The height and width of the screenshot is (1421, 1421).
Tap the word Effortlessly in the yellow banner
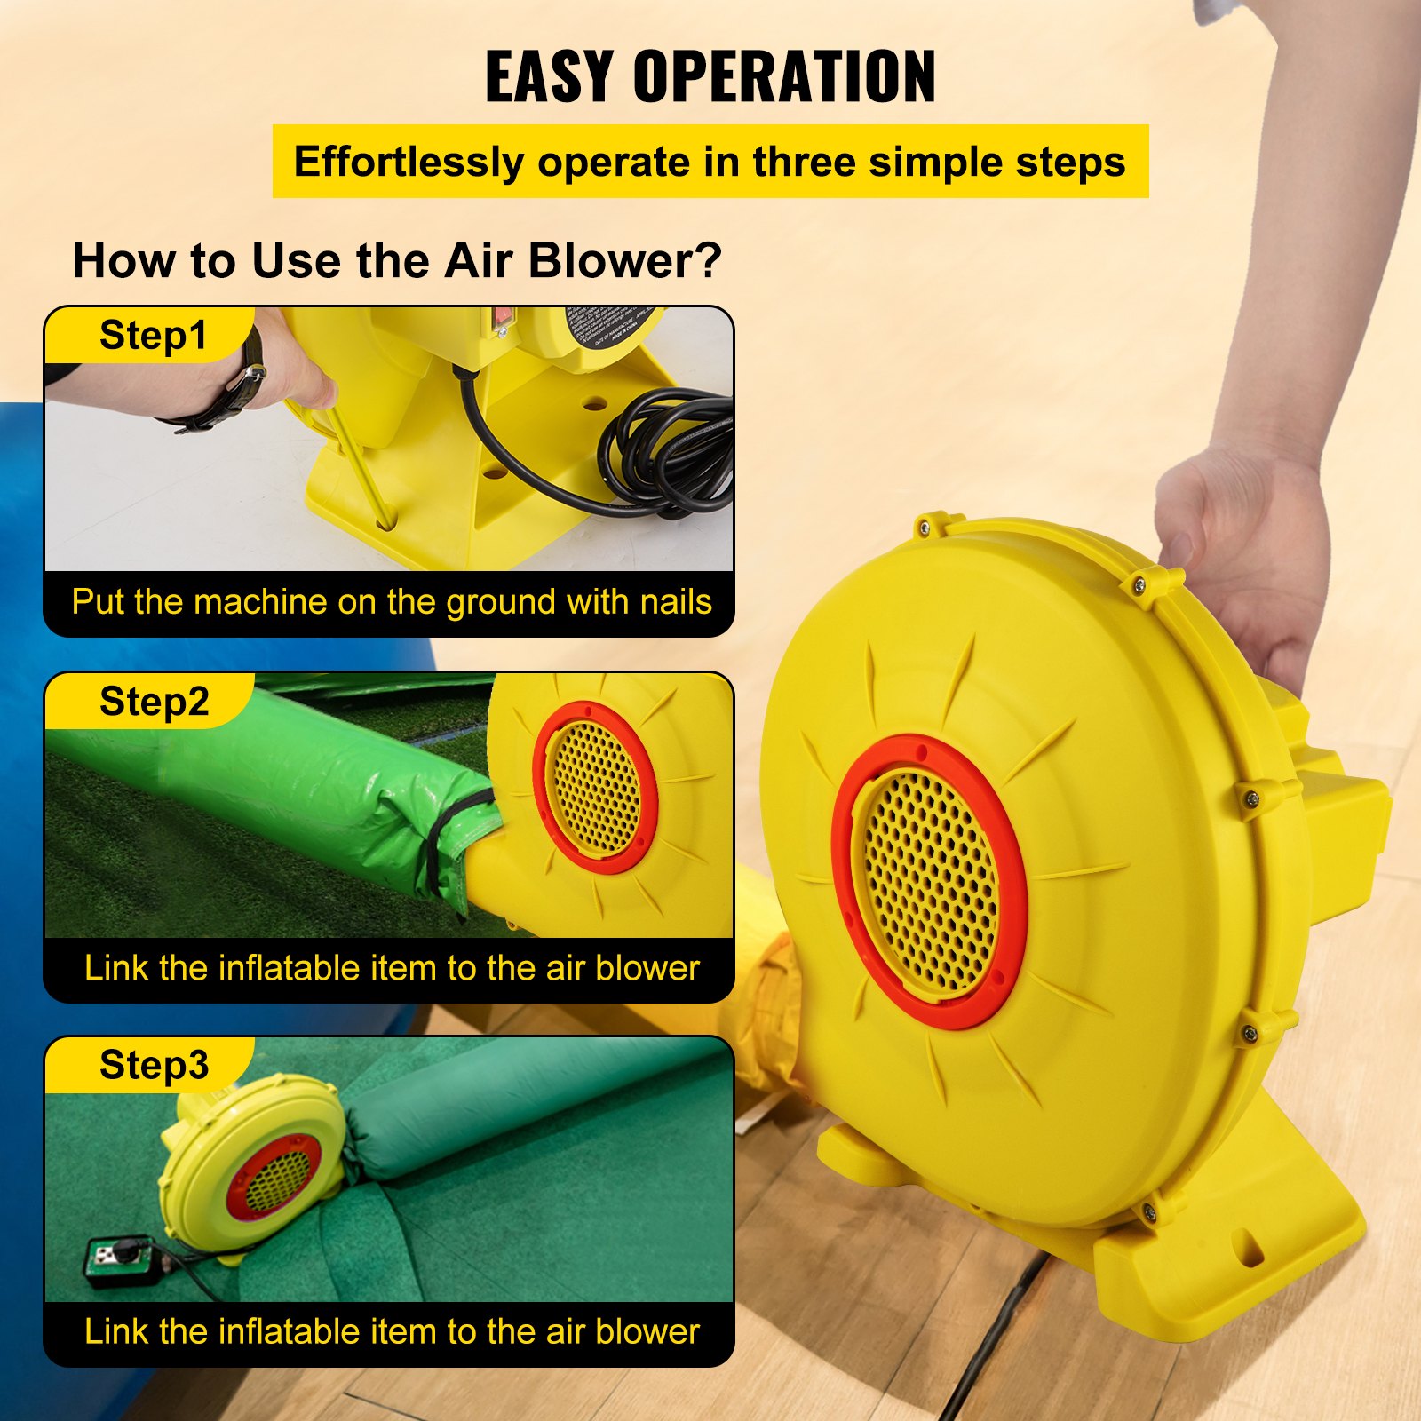coord(409,163)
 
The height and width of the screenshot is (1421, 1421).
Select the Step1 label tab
coord(153,336)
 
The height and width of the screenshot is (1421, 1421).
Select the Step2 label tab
coord(154,702)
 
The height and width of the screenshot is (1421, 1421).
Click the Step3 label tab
coord(154,1065)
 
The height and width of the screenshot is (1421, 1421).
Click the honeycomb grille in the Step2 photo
coord(593,787)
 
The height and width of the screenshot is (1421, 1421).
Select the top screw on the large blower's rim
coord(924,528)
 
